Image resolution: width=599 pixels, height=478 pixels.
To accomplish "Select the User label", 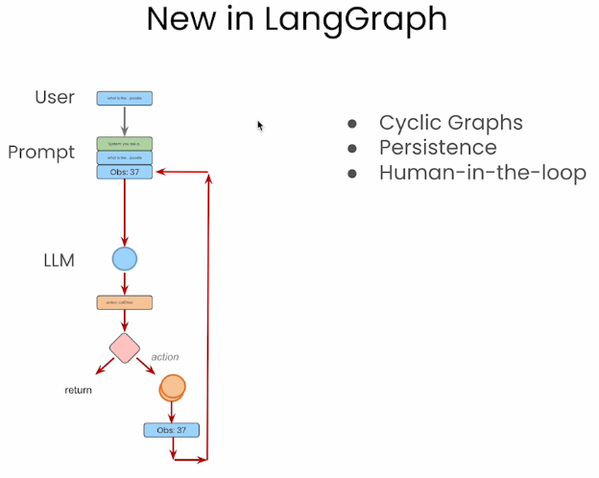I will [x=55, y=97].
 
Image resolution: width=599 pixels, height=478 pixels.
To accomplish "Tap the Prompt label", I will [x=41, y=153].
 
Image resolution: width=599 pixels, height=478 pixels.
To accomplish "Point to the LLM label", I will [x=59, y=259].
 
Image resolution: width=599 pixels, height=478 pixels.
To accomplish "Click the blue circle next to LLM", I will [x=125, y=259].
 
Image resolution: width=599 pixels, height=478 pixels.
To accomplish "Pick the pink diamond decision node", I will [x=125, y=347].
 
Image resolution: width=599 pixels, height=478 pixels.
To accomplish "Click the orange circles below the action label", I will [x=172, y=387].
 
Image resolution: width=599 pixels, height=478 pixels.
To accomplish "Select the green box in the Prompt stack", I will [x=125, y=144].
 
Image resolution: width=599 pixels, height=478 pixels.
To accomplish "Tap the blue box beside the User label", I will [x=125, y=98].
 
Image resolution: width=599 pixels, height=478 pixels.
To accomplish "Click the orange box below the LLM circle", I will [x=125, y=302].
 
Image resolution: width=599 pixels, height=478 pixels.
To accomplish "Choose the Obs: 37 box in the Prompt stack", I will [x=125, y=172].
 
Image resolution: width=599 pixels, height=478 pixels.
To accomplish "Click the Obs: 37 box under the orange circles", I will [x=172, y=430].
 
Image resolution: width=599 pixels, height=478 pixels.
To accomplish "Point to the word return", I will [x=79, y=391].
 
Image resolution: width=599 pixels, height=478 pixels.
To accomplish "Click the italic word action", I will [x=165, y=357].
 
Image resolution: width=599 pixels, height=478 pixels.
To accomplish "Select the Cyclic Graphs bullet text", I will [x=450, y=123].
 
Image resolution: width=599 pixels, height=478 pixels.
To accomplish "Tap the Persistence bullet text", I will [x=438, y=148].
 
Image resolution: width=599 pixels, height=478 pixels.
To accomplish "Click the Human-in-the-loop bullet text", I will [x=482, y=173].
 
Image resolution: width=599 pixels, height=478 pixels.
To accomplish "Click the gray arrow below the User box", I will [x=125, y=120].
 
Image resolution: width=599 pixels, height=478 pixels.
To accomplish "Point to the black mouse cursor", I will [x=260, y=125].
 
